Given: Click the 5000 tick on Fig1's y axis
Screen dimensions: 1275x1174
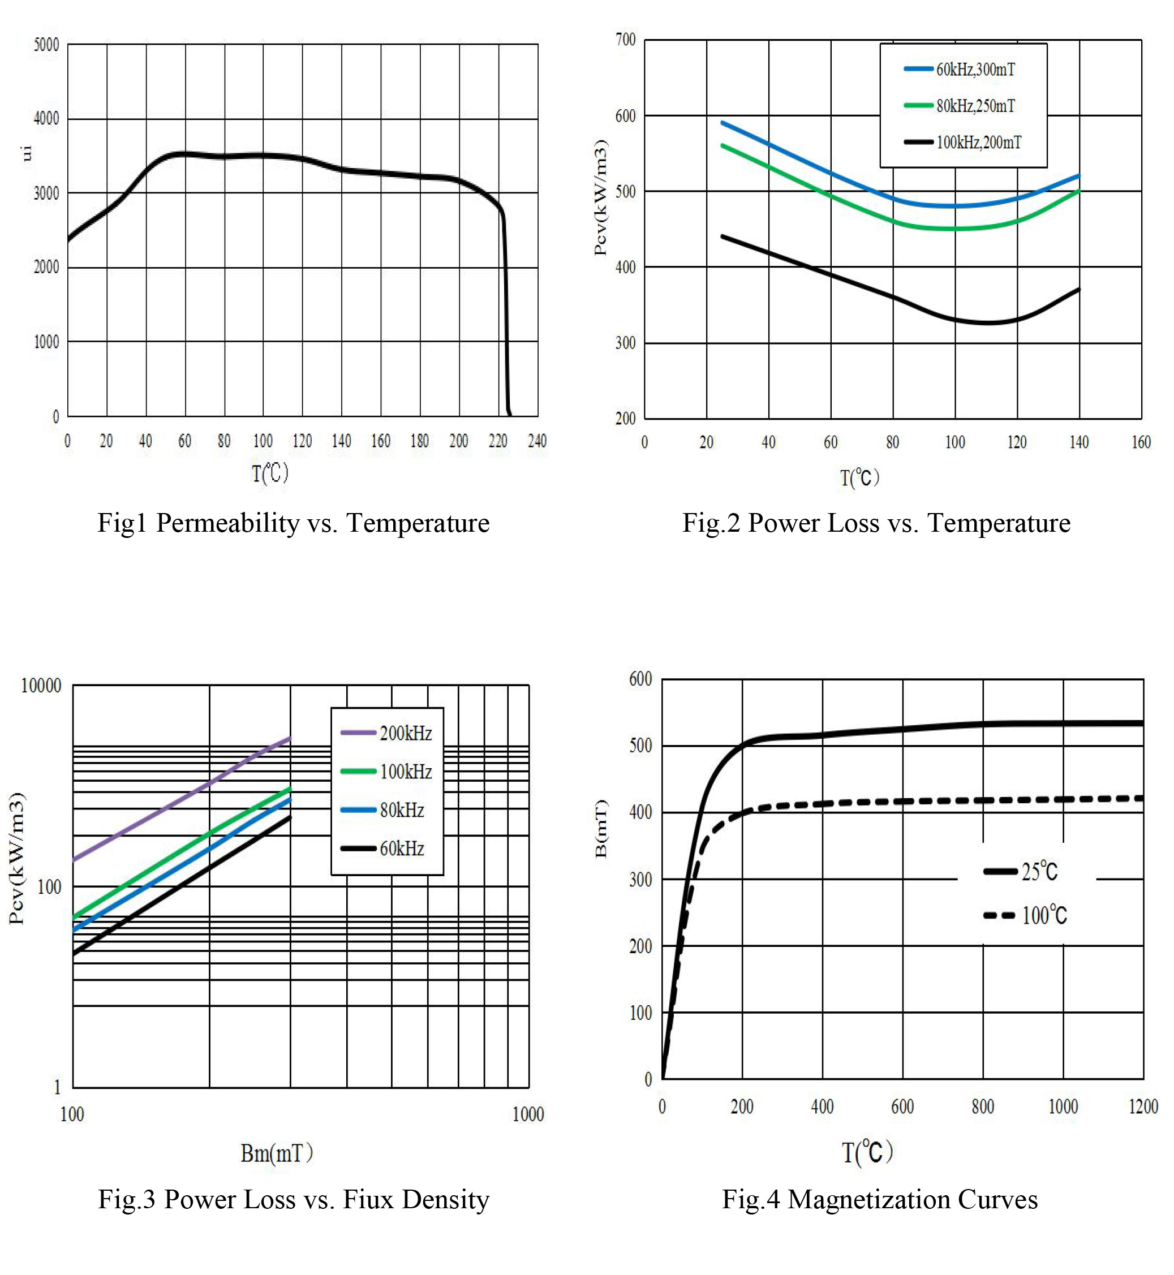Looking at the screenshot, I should click(x=46, y=45).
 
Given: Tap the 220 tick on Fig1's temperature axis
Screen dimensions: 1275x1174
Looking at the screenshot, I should click(x=498, y=441).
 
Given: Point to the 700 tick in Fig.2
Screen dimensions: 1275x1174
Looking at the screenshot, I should click(x=626, y=40).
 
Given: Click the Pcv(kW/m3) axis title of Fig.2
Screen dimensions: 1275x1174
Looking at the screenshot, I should click(x=600, y=197).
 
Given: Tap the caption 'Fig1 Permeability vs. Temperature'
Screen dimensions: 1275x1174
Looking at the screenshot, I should click(x=293, y=523).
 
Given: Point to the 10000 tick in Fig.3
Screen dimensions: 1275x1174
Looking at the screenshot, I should click(x=41, y=686).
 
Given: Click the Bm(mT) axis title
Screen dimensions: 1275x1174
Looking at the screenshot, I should click(x=276, y=1153).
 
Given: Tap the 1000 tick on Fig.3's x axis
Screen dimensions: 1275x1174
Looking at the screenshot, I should click(x=528, y=1114).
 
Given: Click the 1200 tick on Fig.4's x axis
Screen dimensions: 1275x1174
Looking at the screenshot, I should click(x=1143, y=1106).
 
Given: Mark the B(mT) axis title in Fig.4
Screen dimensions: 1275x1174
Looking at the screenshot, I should click(x=601, y=828).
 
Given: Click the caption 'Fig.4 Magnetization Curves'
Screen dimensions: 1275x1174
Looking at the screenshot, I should click(x=879, y=1199).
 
